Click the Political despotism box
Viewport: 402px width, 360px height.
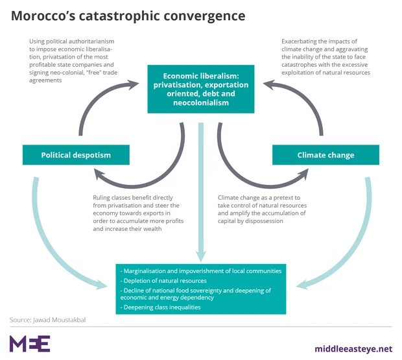tap(76, 155)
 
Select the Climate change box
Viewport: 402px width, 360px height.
tap(325, 155)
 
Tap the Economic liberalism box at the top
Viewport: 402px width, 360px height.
tap(201, 89)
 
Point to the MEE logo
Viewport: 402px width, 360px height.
tap(30, 343)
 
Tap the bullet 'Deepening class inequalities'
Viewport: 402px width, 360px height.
tap(165, 307)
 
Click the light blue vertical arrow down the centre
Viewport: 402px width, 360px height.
tap(201, 195)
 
